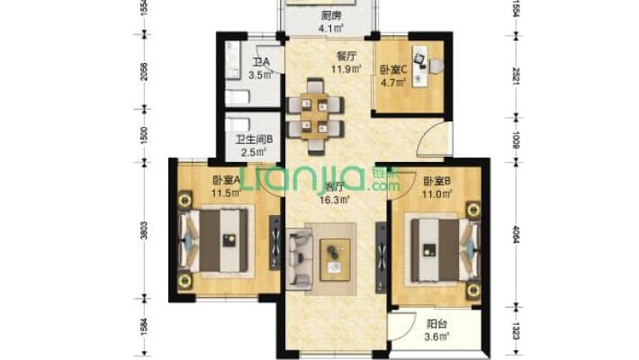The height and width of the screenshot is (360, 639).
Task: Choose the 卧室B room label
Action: coord(438,179)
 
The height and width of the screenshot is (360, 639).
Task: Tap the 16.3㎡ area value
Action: coord(337,200)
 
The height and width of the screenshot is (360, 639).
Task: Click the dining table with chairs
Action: coord(315,113)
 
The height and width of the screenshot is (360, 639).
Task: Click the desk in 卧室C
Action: coord(420,59)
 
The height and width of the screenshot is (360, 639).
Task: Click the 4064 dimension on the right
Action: coord(514,231)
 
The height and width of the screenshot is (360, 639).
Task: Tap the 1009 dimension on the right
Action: coord(514,139)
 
